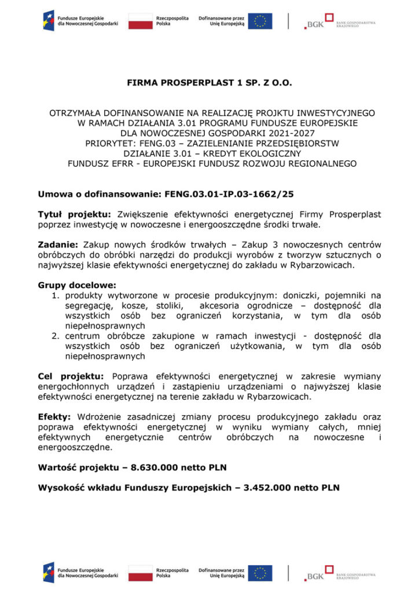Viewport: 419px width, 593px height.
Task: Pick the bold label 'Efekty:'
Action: [x=54, y=417]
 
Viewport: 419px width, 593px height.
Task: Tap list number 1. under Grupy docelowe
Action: [x=56, y=295]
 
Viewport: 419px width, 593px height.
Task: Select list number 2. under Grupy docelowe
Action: [x=56, y=336]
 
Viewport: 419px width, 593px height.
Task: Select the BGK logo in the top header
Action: [x=315, y=21]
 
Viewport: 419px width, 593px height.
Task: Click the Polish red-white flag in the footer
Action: [x=141, y=573]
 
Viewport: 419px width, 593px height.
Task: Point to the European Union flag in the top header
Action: [x=261, y=21]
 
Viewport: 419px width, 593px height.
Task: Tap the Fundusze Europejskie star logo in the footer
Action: [x=49, y=573]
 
